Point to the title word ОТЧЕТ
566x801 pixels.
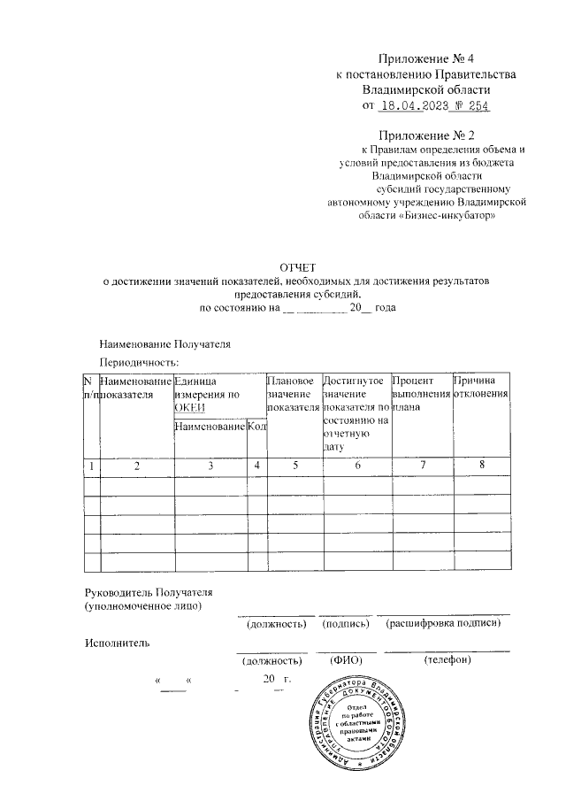click(x=296, y=266)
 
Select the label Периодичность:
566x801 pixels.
click(x=140, y=363)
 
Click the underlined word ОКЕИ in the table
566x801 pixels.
click(x=189, y=407)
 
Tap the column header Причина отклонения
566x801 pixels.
click(x=480, y=387)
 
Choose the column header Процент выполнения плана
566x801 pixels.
click(x=421, y=394)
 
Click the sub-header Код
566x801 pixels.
click(x=256, y=427)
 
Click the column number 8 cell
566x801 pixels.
click(x=481, y=465)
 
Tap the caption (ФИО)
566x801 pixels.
click(x=344, y=660)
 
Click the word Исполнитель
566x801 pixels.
click(x=117, y=643)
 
